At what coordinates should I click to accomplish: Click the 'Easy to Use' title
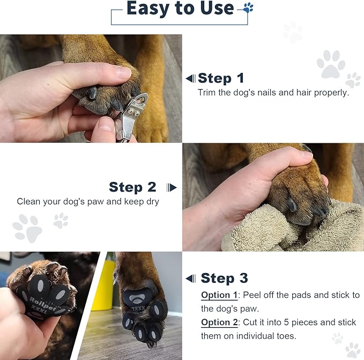click(x=180, y=9)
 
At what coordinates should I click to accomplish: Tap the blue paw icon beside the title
click(x=248, y=8)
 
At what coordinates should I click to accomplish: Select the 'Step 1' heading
click(x=221, y=78)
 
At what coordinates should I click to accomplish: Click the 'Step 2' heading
click(x=132, y=187)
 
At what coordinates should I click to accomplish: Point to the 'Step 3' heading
click(x=224, y=278)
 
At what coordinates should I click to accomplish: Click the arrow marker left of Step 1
click(x=190, y=78)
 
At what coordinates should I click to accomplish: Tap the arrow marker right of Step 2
click(x=172, y=187)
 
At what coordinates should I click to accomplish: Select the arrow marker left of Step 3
click(x=190, y=278)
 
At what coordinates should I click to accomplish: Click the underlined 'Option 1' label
click(x=219, y=296)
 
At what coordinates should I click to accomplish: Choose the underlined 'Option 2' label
click(x=219, y=322)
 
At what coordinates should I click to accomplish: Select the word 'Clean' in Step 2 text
click(x=28, y=202)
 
